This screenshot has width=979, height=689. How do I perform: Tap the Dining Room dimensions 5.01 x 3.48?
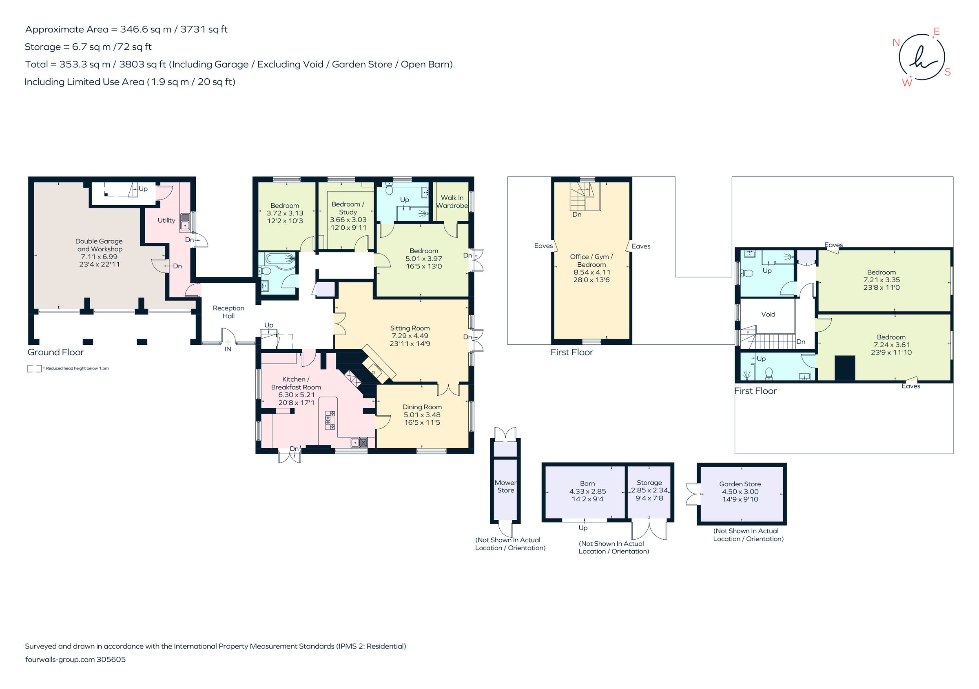pyautogui.click(x=422, y=414)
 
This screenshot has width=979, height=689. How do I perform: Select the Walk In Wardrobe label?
pyautogui.click(x=452, y=202)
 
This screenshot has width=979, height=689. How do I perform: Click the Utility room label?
pyautogui.click(x=166, y=220)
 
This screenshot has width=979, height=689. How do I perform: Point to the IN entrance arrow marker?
pyautogui.click(x=228, y=342)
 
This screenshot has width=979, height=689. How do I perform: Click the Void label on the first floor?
pyautogui.click(x=768, y=314)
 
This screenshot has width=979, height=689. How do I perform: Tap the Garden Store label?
pyautogui.click(x=740, y=484)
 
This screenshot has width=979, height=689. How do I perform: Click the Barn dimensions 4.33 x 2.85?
pyautogui.click(x=587, y=491)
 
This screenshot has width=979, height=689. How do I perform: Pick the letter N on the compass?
pyautogui.click(x=896, y=42)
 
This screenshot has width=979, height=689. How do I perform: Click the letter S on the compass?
pyautogui.click(x=948, y=72)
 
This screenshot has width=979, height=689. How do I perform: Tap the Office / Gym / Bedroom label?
pyautogui.click(x=591, y=261)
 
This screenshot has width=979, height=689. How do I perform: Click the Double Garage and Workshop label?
pyautogui.click(x=100, y=245)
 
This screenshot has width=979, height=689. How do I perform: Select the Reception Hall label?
pyautogui.click(x=228, y=312)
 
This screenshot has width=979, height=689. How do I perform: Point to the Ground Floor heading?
pyautogui.click(x=55, y=352)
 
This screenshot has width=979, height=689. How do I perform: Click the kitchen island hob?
pyautogui.click(x=330, y=420)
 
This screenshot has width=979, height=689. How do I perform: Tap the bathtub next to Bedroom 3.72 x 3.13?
pyautogui.click(x=280, y=258)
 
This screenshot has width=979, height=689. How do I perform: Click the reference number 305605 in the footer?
pyautogui.click(x=111, y=659)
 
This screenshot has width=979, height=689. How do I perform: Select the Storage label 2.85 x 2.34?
pyautogui.click(x=649, y=483)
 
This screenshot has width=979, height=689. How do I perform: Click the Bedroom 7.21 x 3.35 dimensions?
pyautogui.click(x=881, y=280)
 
